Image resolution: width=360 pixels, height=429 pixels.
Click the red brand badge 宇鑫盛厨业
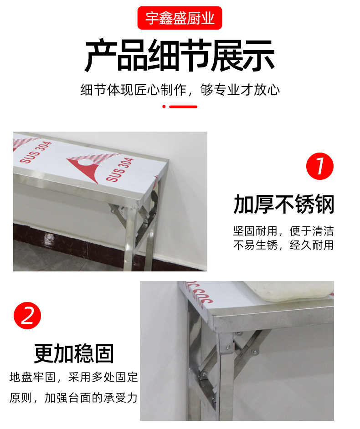point(180,18)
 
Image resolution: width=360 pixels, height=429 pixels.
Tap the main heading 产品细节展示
point(180,56)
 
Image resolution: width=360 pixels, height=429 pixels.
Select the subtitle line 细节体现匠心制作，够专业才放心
point(180,90)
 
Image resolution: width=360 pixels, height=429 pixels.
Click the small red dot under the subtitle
point(164,107)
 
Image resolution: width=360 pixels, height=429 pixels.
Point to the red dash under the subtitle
point(183,107)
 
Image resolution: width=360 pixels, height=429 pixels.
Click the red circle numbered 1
point(320,166)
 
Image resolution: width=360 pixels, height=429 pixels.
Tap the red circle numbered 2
point(27,316)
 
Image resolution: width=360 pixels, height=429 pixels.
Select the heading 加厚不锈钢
point(283,204)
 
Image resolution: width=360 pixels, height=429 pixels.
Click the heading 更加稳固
point(74,353)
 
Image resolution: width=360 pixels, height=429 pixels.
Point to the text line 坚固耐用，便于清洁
point(283,231)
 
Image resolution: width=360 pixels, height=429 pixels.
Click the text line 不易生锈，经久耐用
point(283,245)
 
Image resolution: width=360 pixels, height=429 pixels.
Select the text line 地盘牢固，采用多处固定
point(74,377)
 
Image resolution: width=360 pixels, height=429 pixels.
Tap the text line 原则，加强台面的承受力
point(73,398)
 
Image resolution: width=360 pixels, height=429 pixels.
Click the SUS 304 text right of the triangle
point(120,169)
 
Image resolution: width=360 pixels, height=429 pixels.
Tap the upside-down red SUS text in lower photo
point(199,293)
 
